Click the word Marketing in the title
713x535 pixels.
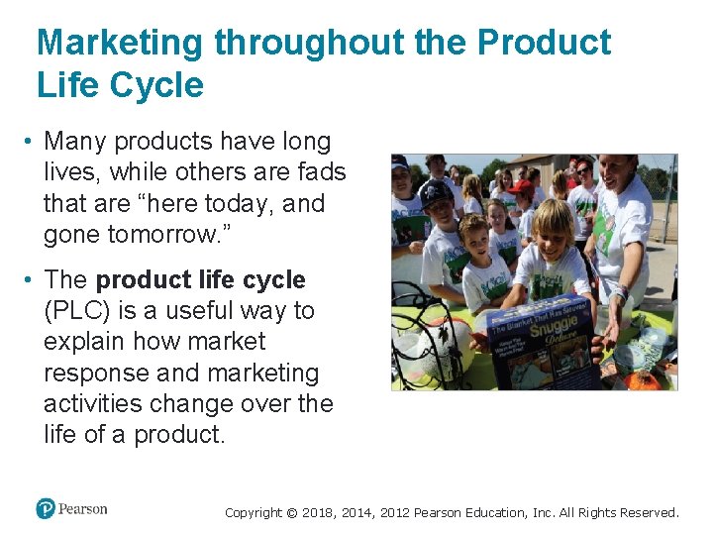pos(120,43)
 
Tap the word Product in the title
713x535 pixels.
pos(544,43)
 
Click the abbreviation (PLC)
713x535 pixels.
pos(77,311)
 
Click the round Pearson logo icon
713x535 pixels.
pos(46,508)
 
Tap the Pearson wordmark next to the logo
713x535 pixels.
pos(83,509)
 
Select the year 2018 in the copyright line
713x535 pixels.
pos(319,513)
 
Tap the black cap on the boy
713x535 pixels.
pos(436,191)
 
